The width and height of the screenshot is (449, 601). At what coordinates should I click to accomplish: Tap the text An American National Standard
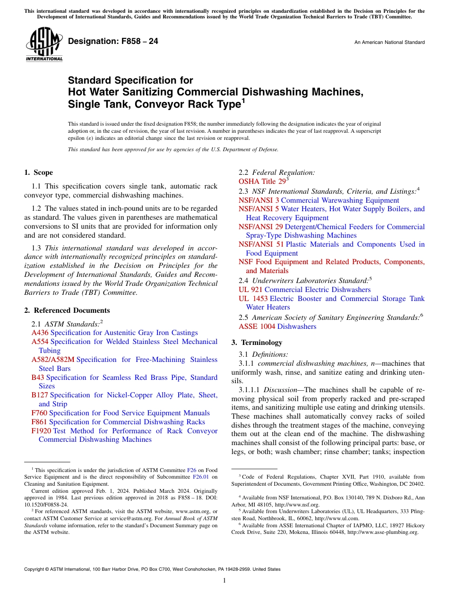tap(389, 43)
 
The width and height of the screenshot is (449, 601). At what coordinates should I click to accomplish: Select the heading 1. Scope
tap(39, 172)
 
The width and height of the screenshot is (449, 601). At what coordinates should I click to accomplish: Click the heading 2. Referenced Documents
tap(67, 310)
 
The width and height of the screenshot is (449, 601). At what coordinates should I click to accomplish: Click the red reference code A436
tap(40, 333)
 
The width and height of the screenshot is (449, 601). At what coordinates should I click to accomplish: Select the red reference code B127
tap(40, 395)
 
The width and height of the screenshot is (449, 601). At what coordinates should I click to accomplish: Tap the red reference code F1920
tap(41, 431)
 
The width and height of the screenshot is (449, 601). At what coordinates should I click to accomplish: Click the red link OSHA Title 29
tap(262, 182)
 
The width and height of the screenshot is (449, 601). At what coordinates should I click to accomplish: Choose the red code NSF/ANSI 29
tap(260, 227)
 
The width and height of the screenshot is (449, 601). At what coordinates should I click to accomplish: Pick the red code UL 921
tap(250, 290)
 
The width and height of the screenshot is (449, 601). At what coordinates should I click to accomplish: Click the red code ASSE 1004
tap(257, 326)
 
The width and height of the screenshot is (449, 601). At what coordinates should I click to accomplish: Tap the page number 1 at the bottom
tap(224, 581)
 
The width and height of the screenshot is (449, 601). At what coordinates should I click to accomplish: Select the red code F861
tap(39, 422)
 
